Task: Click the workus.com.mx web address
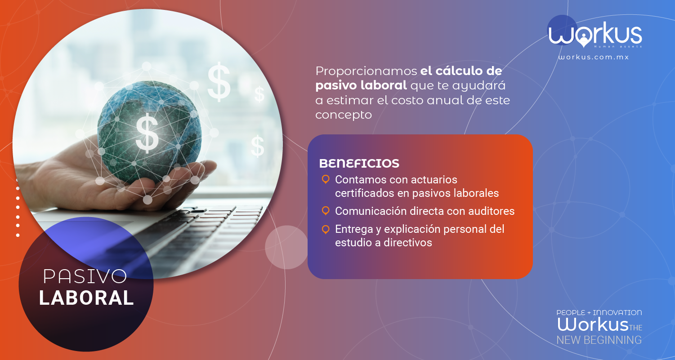594,57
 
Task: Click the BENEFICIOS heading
359,163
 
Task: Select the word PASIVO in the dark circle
85,276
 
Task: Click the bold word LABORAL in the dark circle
86,298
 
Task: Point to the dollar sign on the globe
147,133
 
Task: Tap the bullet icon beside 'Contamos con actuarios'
326,179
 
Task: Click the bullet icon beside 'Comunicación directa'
326,211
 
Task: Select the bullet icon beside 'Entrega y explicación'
326,229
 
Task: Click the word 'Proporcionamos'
366,71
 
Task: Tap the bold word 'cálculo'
459,71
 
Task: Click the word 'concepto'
344,115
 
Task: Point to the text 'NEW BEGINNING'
599,340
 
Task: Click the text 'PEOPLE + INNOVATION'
599,313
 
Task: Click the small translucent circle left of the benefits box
286,247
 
